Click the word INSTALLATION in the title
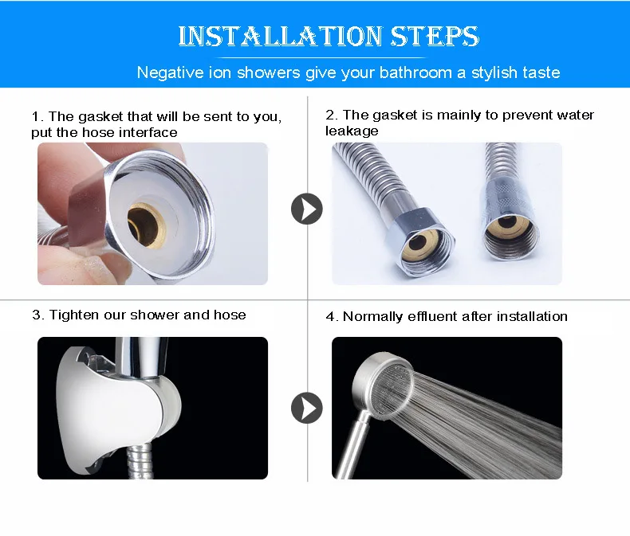tap(280, 36)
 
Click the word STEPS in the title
tap(435, 36)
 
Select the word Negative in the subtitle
tap(171, 72)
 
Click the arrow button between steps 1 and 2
tap(306, 209)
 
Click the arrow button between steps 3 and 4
tap(306, 408)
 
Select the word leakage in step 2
tap(352, 131)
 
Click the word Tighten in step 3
tap(74, 315)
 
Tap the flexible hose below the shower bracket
tap(139, 461)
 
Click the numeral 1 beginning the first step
tap(36, 117)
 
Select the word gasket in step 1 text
tap(100, 117)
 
